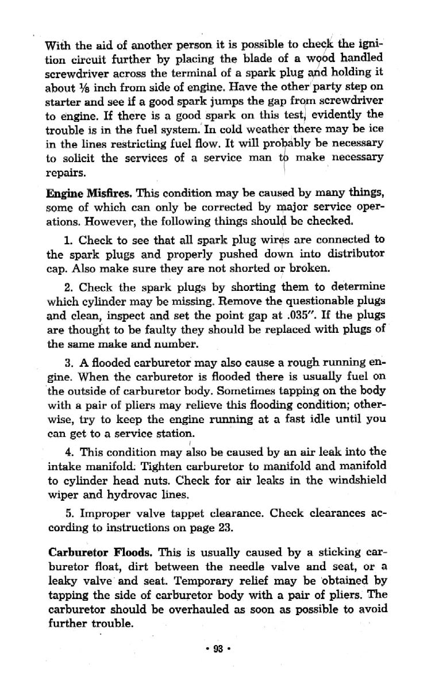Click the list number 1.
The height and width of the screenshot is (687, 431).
coord(66,238)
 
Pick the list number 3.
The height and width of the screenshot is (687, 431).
coord(65,363)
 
